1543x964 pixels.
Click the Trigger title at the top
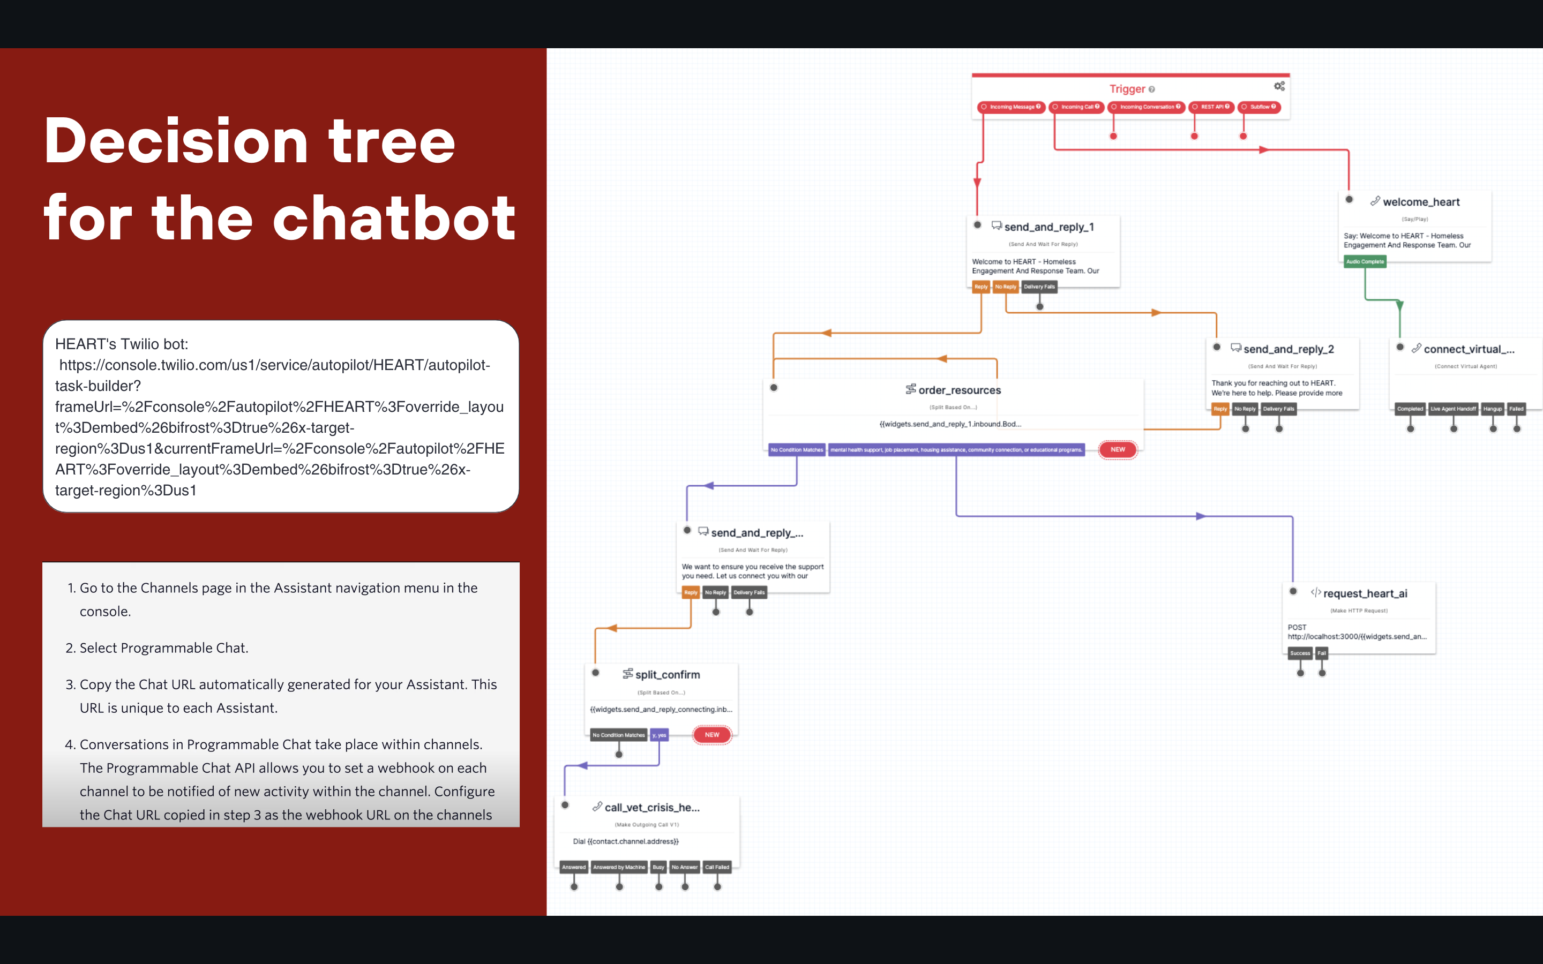point(1127,89)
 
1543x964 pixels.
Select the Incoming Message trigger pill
point(1011,107)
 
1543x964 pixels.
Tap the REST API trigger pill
point(1211,107)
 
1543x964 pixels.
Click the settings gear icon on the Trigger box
point(1279,86)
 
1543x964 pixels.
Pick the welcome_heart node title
point(1421,202)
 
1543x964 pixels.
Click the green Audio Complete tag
point(1365,261)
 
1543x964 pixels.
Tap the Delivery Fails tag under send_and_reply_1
point(1039,287)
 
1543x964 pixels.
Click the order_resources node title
point(959,390)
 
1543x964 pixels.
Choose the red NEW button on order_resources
point(1117,449)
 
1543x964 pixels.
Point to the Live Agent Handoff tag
point(1452,409)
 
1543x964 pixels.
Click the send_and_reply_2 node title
point(1288,349)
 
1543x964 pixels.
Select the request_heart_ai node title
point(1365,593)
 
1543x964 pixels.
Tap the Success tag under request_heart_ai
point(1299,653)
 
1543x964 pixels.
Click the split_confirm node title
point(667,675)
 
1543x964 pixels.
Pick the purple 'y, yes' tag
point(658,735)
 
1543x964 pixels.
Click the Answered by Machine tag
point(618,867)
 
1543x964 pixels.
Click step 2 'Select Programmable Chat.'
point(164,648)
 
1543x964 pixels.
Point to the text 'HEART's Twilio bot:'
point(122,344)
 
